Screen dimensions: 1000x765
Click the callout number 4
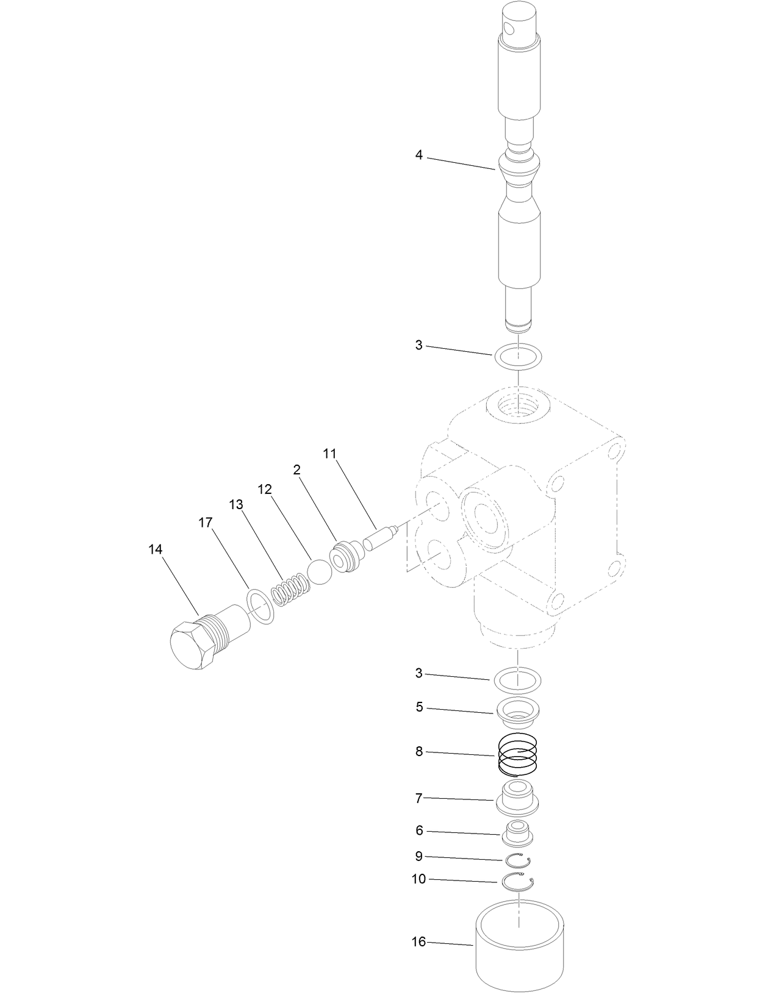(x=418, y=155)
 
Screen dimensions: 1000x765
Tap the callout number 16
(x=418, y=942)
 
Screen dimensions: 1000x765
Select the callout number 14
(x=156, y=549)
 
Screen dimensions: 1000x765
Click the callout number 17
(x=206, y=523)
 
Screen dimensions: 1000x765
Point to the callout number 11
(x=329, y=453)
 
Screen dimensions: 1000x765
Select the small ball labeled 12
(x=320, y=571)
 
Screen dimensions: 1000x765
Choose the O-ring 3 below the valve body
(x=518, y=679)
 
